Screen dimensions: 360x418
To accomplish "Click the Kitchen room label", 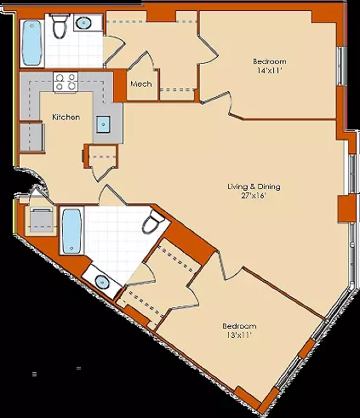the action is (x=66, y=117).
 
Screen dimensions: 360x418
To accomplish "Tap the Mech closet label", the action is (x=141, y=84).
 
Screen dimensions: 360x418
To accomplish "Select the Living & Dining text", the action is (x=254, y=186).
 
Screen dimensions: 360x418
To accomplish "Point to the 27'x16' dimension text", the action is (x=254, y=196).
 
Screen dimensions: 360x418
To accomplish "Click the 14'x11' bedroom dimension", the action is (x=270, y=71).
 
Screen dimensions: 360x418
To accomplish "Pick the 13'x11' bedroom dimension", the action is (x=239, y=335).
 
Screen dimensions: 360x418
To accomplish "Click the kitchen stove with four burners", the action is (x=66, y=82).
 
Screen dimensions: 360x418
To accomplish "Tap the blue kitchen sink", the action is (x=103, y=124).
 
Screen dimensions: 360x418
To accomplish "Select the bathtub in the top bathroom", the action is (x=31, y=43).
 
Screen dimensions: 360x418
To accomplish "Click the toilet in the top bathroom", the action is (x=60, y=26).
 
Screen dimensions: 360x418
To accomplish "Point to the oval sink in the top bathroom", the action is (x=84, y=22).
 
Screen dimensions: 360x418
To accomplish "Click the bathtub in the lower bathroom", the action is (x=71, y=231).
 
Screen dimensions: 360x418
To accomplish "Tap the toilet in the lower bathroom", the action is (x=152, y=221).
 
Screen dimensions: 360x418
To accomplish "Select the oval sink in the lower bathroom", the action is (x=101, y=282).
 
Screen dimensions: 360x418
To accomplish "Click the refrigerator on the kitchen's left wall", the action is (x=31, y=137).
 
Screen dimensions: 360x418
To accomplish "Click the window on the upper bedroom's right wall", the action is (x=342, y=66).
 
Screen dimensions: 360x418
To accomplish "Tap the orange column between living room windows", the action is (x=346, y=209).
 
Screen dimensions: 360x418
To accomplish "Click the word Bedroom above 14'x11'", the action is (x=270, y=61).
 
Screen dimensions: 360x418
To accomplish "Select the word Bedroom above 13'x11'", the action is (x=239, y=326).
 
